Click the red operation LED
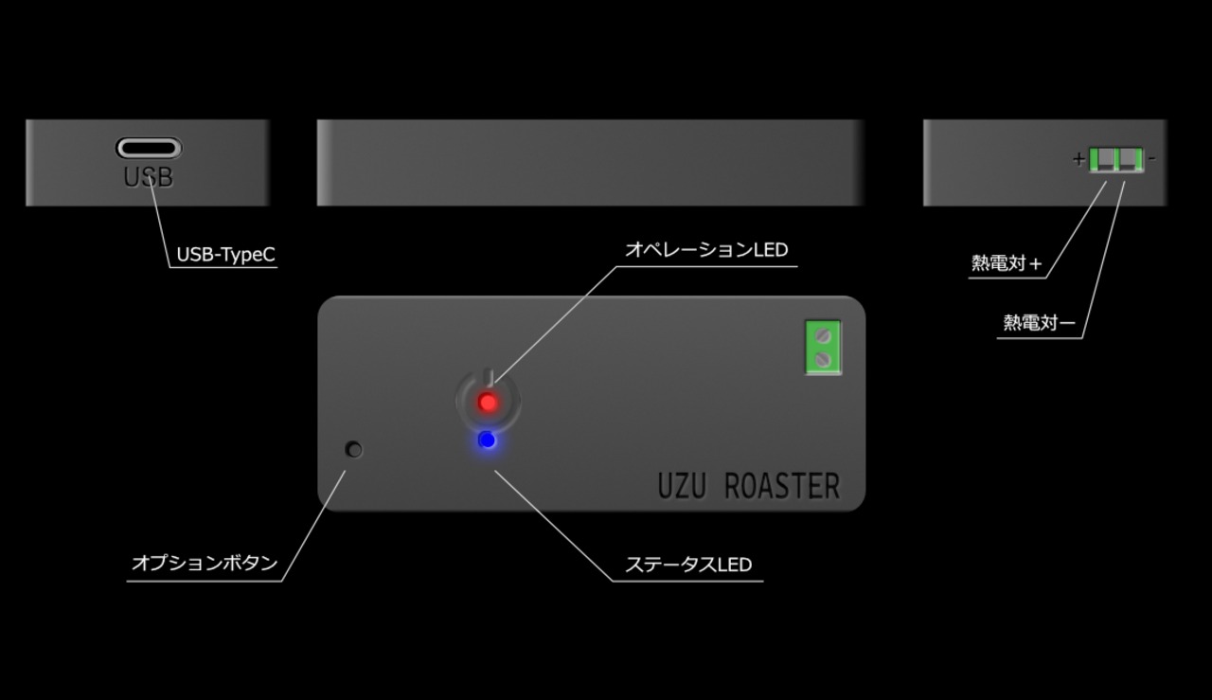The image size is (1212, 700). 488,403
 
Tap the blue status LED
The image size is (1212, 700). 487,440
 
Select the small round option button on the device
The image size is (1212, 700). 355,450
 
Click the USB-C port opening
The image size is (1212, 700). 149,148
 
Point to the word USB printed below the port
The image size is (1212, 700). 149,177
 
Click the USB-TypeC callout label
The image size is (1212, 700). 225,255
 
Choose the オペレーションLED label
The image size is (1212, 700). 706,250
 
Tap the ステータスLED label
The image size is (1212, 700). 688,565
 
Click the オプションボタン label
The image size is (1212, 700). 205,564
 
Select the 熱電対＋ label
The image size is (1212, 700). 1007,263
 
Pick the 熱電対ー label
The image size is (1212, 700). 1039,323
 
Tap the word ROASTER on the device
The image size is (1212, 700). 781,486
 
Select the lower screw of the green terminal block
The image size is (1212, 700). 823,359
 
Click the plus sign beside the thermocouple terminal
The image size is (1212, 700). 1078,159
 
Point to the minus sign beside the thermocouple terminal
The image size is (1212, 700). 1151,159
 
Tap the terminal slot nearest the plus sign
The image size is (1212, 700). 1103,160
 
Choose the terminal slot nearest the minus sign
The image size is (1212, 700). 1129,160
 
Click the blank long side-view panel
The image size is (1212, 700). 591,162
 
